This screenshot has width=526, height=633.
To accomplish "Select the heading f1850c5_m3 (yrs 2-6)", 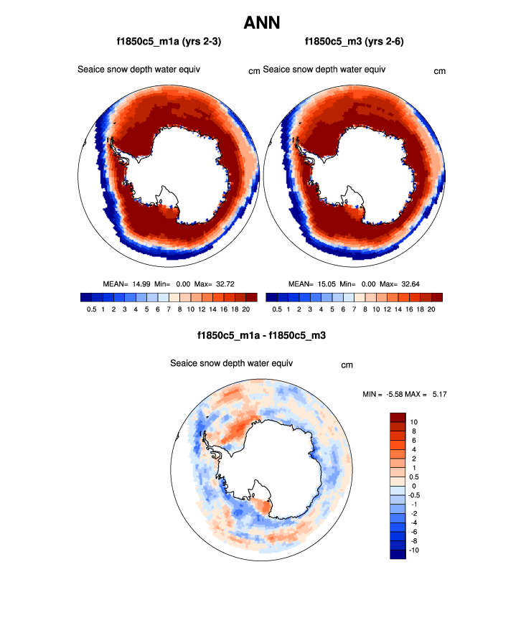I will pos(354,42).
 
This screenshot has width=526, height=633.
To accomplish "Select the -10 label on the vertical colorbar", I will pos(414,550).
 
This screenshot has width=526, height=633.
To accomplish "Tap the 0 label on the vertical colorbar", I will pos(412,485).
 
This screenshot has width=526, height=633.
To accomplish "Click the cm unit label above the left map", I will pos(254,71).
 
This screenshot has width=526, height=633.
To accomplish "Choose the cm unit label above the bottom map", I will pos(347,365).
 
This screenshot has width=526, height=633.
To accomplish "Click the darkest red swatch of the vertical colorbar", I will pos(398,417).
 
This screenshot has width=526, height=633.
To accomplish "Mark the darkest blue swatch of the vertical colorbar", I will pos(398,553).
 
